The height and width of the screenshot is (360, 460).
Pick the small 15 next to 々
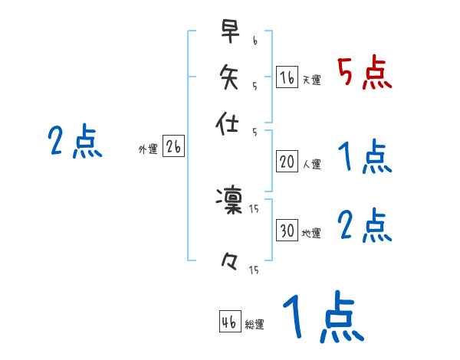pos(254,270)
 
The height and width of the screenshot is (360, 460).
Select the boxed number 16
pos(287,77)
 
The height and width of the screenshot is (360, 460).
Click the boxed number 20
pos(287,162)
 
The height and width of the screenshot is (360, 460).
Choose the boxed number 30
pos(287,231)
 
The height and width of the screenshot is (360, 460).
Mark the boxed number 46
pos(229,322)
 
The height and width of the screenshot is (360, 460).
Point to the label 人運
pos(311,164)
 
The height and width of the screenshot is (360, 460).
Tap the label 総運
pos(255,325)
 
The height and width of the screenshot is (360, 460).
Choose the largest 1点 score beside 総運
pos(322,318)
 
